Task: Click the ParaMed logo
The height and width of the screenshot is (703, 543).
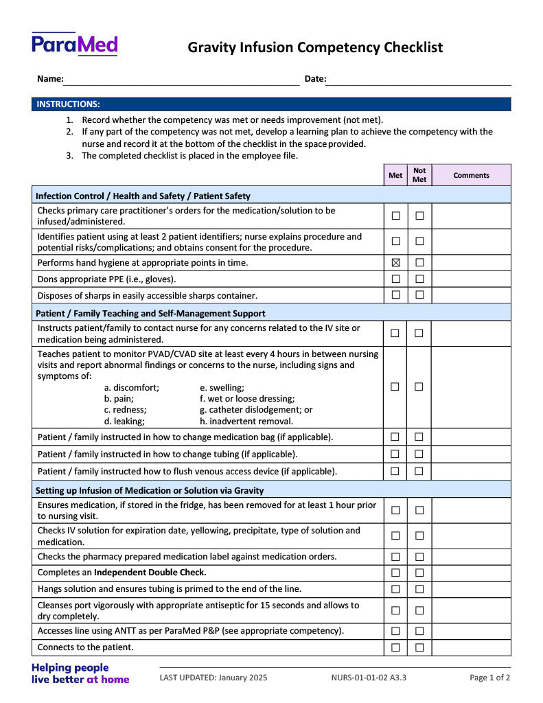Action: click(x=74, y=45)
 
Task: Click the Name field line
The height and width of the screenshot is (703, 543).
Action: click(x=181, y=80)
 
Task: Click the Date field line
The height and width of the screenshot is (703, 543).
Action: click(x=418, y=80)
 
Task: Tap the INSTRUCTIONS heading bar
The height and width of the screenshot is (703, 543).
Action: click(x=271, y=104)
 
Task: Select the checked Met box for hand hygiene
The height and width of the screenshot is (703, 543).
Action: click(x=396, y=263)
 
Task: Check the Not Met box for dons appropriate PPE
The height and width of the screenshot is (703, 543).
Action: click(x=419, y=279)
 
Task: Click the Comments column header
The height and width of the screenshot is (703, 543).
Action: click(x=471, y=175)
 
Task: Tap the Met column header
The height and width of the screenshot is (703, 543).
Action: click(x=395, y=175)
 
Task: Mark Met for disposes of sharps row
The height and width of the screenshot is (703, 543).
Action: click(x=396, y=295)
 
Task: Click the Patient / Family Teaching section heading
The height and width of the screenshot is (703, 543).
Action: click(x=150, y=313)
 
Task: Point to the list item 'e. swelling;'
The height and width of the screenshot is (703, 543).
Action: click(x=222, y=387)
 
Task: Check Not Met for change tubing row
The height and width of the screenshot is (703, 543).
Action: click(x=419, y=454)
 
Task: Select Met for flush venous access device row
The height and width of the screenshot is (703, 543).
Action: click(x=395, y=471)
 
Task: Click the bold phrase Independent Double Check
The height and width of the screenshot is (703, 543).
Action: click(x=150, y=572)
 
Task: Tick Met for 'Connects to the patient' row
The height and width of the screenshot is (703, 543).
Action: click(x=395, y=647)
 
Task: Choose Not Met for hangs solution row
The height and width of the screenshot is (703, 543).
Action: click(x=419, y=589)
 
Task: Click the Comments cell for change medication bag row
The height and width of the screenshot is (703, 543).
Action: click(x=471, y=437)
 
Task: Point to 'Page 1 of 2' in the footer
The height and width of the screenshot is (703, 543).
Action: click(x=489, y=678)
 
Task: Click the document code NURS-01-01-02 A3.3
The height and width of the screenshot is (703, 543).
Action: click(x=369, y=678)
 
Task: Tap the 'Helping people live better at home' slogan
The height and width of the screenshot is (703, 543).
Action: click(x=80, y=673)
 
